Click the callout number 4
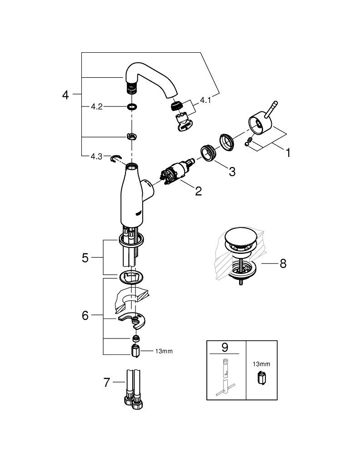(65, 95)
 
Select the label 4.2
(96, 107)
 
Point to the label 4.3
(96, 156)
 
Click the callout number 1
(287, 153)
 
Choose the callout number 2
(198, 191)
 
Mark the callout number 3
(232, 172)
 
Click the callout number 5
(85, 258)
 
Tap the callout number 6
(85, 315)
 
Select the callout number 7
(106, 383)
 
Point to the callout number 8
(283, 263)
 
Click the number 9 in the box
(224, 347)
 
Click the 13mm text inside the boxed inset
(261, 364)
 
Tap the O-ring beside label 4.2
(132, 107)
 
